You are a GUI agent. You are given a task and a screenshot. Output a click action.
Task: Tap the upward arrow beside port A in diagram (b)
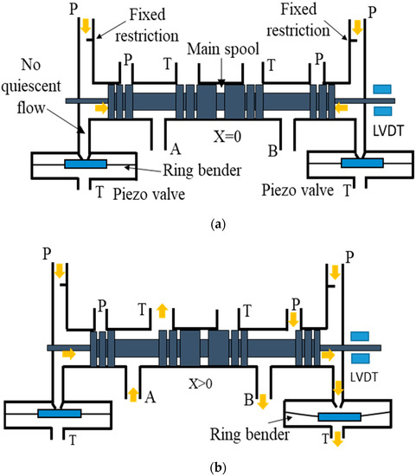click(132, 395)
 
